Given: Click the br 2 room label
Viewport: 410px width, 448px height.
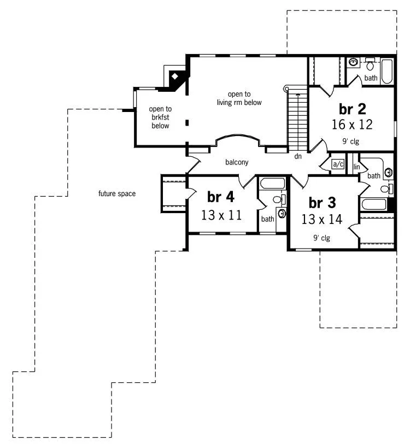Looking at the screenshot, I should point(352,108).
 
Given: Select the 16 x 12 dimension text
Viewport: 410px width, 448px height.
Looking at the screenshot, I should point(352,124).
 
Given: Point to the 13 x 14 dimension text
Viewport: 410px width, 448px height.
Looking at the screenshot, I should point(321,220).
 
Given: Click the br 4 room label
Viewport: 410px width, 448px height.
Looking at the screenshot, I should point(221,197).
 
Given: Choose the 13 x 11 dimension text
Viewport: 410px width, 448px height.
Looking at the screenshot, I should point(221,215).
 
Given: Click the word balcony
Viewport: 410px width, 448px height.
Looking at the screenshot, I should point(237,162).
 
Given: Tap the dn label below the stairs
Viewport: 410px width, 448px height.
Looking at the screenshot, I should point(298,157).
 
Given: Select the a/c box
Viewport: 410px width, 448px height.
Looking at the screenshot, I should point(338,164).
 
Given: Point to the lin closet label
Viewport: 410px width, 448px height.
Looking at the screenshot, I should point(356,166).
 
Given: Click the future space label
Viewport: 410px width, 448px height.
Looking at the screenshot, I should point(117,193).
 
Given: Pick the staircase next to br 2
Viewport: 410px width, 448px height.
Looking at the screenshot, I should point(298,120).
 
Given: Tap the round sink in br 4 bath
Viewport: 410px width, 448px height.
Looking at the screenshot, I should point(282,213).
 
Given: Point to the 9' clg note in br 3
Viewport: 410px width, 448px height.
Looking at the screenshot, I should point(321,238).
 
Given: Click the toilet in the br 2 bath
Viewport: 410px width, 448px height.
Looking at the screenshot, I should point(370,66).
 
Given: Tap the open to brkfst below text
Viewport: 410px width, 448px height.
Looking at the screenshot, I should point(161,117).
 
